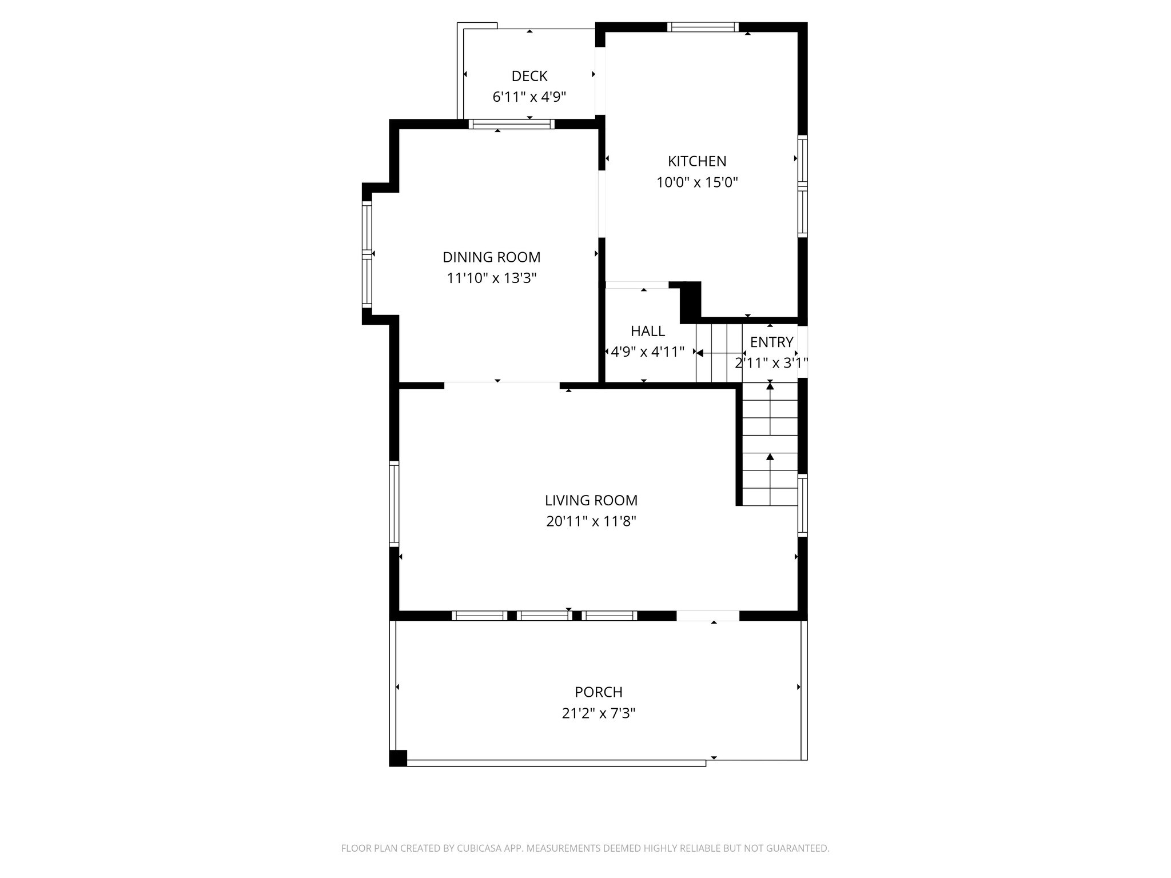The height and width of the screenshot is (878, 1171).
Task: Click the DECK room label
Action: tap(529, 76)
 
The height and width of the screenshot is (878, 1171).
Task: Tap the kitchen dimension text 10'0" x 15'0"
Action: tap(697, 183)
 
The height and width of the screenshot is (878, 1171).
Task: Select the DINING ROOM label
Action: tap(491, 257)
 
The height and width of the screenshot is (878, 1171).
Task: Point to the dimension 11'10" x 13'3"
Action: tap(491, 278)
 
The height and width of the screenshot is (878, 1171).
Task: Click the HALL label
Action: tap(647, 331)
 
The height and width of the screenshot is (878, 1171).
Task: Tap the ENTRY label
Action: tap(771, 342)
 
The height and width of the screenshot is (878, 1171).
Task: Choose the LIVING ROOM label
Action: tap(591, 500)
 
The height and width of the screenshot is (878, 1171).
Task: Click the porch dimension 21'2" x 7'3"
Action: tap(598, 713)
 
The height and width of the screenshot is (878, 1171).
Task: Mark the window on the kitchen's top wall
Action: tap(703, 27)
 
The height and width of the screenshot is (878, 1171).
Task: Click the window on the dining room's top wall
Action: tap(511, 124)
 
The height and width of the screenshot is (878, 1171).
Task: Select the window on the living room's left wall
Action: tap(394, 503)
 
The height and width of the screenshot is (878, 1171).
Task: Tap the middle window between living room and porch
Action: tap(544, 616)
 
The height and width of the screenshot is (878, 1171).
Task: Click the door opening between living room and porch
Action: tap(708, 616)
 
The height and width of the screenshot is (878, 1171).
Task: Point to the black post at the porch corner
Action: tap(398, 758)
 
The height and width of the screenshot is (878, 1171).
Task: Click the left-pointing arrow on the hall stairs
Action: tap(700, 353)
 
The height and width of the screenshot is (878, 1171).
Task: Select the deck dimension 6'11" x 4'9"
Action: tap(529, 97)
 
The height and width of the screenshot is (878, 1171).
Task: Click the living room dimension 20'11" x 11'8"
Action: tap(591, 521)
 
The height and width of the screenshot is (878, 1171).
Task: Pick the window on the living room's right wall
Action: tap(802, 505)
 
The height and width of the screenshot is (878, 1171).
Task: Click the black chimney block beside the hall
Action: tap(690, 302)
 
